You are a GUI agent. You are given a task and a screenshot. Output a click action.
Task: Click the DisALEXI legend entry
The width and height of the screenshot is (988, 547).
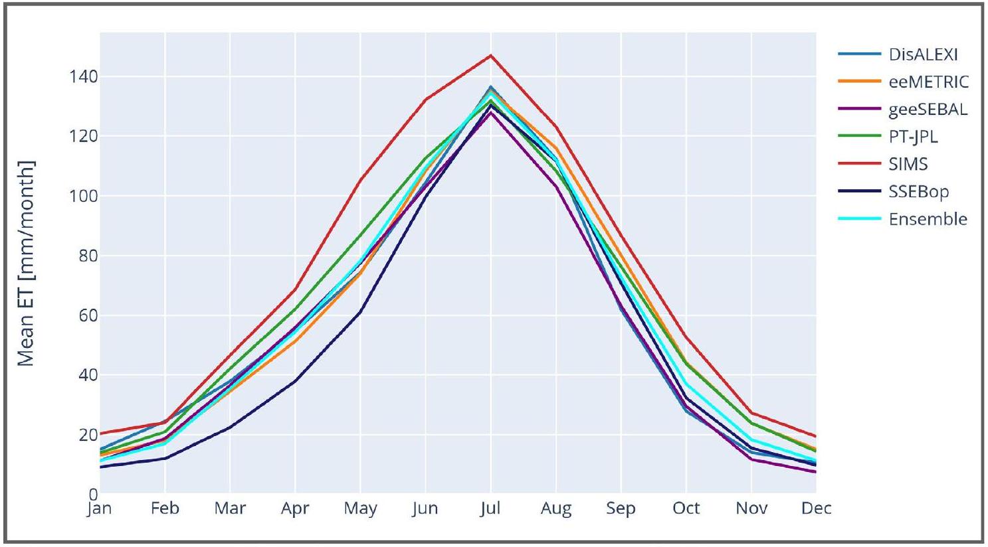(x=923, y=54)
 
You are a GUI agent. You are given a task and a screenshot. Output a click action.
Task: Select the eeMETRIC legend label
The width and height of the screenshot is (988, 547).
(x=928, y=82)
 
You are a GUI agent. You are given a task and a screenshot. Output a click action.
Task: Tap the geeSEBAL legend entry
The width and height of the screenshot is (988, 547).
(x=928, y=110)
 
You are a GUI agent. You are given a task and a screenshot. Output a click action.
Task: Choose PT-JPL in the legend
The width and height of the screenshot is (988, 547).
(x=913, y=137)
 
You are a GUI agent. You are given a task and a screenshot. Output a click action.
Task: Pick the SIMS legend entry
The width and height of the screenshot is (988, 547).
(x=908, y=164)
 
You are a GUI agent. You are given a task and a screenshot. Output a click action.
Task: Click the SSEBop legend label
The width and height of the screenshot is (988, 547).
(x=918, y=192)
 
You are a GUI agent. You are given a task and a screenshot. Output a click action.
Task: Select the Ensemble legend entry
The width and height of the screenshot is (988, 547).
(x=928, y=219)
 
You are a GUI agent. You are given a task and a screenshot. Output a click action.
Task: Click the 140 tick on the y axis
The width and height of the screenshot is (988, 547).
(x=84, y=77)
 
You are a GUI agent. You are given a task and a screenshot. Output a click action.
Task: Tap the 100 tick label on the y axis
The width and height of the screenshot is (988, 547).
(x=84, y=196)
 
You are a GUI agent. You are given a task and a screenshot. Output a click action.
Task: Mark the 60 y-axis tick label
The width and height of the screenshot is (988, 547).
(x=88, y=315)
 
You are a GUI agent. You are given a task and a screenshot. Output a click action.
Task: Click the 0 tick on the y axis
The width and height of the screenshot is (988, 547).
(x=93, y=494)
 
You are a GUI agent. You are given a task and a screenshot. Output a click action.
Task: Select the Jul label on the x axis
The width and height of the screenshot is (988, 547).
(x=490, y=508)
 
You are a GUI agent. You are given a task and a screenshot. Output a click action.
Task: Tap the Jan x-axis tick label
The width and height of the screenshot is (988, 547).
(x=99, y=508)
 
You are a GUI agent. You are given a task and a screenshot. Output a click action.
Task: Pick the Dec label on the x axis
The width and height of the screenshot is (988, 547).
(x=816, y=508)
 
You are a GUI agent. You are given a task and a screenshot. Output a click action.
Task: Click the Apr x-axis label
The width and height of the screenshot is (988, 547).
(x=295, y=508)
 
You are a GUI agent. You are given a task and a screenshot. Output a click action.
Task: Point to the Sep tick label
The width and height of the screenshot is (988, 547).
(x=621, y=508)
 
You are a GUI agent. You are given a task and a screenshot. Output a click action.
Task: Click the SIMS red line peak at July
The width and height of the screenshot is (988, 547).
(x=490, y=55)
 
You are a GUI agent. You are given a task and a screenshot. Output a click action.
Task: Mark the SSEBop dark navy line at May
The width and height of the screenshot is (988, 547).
(x=360, y=311)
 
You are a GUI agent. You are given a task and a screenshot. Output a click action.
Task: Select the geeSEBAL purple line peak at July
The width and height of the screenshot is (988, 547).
(x=490, y=112)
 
